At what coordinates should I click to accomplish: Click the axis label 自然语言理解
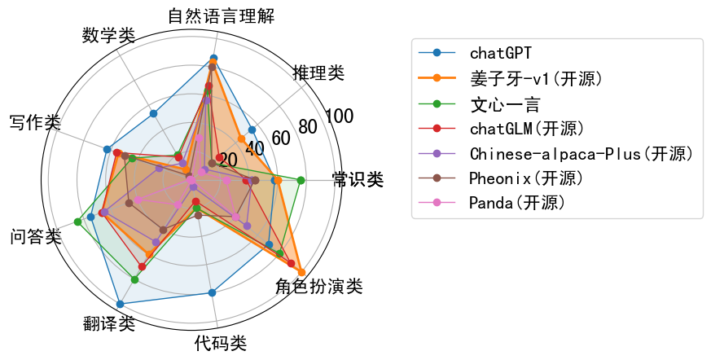221,15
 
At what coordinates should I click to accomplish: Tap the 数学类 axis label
109,35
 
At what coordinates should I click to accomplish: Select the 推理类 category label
318,72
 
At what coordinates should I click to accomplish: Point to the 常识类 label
358,179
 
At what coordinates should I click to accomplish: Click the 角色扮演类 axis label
318,287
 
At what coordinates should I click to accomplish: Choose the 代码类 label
221,344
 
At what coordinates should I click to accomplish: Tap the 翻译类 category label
109,323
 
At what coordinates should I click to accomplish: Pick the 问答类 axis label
35,236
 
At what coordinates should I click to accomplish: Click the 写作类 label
35,122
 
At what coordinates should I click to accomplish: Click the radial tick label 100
340,116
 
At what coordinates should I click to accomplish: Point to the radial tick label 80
308,127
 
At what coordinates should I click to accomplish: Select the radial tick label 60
281,138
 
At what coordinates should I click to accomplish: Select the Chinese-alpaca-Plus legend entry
555,154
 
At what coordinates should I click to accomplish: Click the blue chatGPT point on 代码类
212,292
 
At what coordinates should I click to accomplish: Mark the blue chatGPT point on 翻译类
120,305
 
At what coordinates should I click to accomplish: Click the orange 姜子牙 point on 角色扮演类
301,273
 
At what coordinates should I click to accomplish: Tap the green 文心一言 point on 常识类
301,181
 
